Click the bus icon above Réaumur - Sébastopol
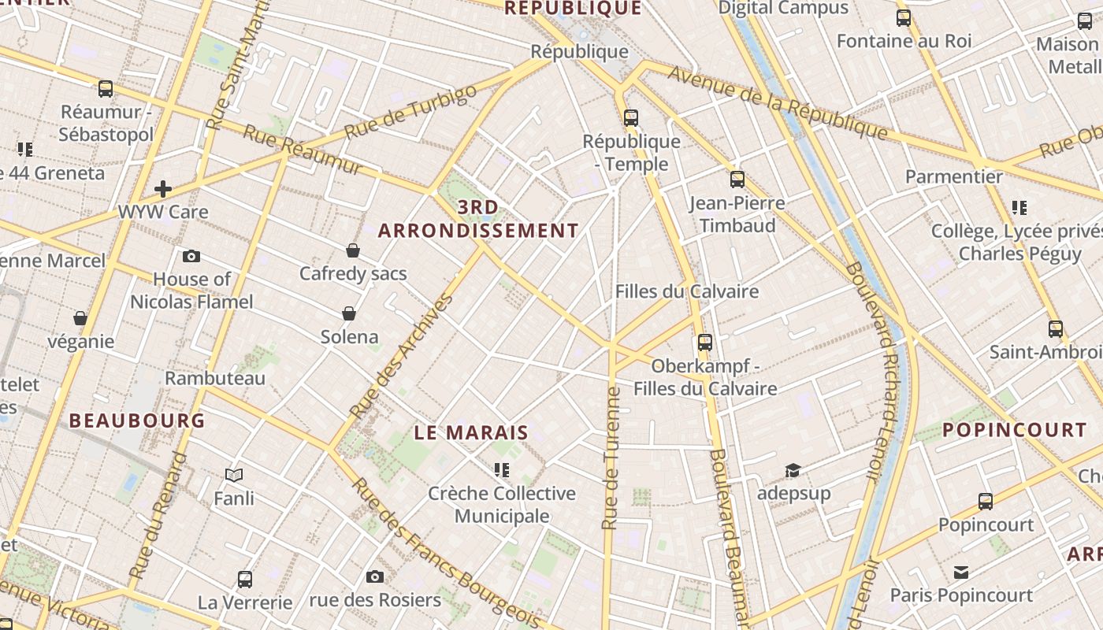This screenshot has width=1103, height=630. (106, 89)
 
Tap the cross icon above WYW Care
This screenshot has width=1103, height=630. (163, 189)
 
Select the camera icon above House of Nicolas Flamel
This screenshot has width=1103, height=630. (191, 256)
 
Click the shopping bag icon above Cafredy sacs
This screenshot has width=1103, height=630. (353, 250)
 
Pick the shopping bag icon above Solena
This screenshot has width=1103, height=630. (349, 313)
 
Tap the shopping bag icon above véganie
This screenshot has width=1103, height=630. (80, 318)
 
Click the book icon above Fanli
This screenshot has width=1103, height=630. (234, 475)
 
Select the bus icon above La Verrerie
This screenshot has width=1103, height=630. (245, 580)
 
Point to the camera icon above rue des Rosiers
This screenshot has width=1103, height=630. (375, 576)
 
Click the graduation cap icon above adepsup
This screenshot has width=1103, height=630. (793, 470)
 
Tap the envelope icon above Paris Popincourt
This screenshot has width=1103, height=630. (961, 572)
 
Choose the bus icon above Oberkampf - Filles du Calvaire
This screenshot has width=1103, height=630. (705, 343)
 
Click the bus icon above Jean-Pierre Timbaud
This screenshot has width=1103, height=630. (737, 180)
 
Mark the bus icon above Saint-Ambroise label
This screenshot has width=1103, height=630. (1056, 329)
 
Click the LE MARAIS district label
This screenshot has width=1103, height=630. (471, 432)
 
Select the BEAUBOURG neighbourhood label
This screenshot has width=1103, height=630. (137, 421)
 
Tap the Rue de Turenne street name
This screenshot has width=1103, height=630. (611, 457)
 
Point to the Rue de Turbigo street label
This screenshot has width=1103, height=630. (410, 111)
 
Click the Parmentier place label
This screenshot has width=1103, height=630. (953, 176)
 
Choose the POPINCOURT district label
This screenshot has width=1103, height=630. (1015, 430)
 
